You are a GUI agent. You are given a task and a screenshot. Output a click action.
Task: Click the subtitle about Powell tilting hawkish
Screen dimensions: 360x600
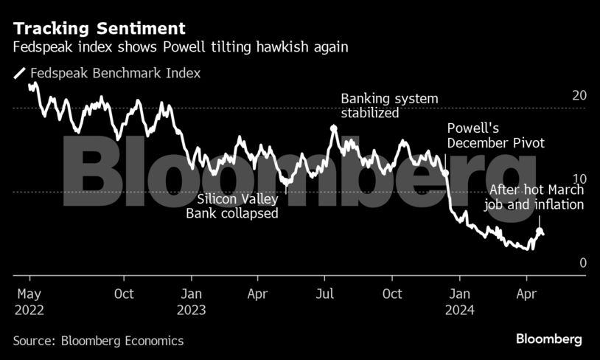180,47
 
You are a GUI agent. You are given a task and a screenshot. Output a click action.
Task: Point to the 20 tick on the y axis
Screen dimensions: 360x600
579,95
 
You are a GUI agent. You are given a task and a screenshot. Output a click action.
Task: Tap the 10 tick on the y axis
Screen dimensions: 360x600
579,179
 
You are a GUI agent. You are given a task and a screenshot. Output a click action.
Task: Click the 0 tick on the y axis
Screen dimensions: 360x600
582,263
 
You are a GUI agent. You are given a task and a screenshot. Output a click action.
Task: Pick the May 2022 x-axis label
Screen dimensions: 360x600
29,302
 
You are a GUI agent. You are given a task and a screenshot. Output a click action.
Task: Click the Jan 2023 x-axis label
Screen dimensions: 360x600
191,302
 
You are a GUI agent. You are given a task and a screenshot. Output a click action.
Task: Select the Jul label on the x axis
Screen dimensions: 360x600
325,294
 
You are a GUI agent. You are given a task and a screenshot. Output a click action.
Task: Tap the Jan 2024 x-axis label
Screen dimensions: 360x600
459,302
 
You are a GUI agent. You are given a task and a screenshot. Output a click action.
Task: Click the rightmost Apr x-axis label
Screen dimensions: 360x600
526,294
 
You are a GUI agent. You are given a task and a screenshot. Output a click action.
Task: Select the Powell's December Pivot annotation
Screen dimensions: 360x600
495,136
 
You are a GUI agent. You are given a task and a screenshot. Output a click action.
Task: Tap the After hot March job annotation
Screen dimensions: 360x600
534,198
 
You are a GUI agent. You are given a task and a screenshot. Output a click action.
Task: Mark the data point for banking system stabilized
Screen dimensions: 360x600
334,128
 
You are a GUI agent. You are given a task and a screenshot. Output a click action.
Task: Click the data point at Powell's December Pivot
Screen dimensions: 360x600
446,173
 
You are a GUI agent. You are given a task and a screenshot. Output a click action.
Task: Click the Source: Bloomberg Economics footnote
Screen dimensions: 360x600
98,341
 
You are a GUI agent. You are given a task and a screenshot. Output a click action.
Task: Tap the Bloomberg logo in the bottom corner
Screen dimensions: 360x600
548,339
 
